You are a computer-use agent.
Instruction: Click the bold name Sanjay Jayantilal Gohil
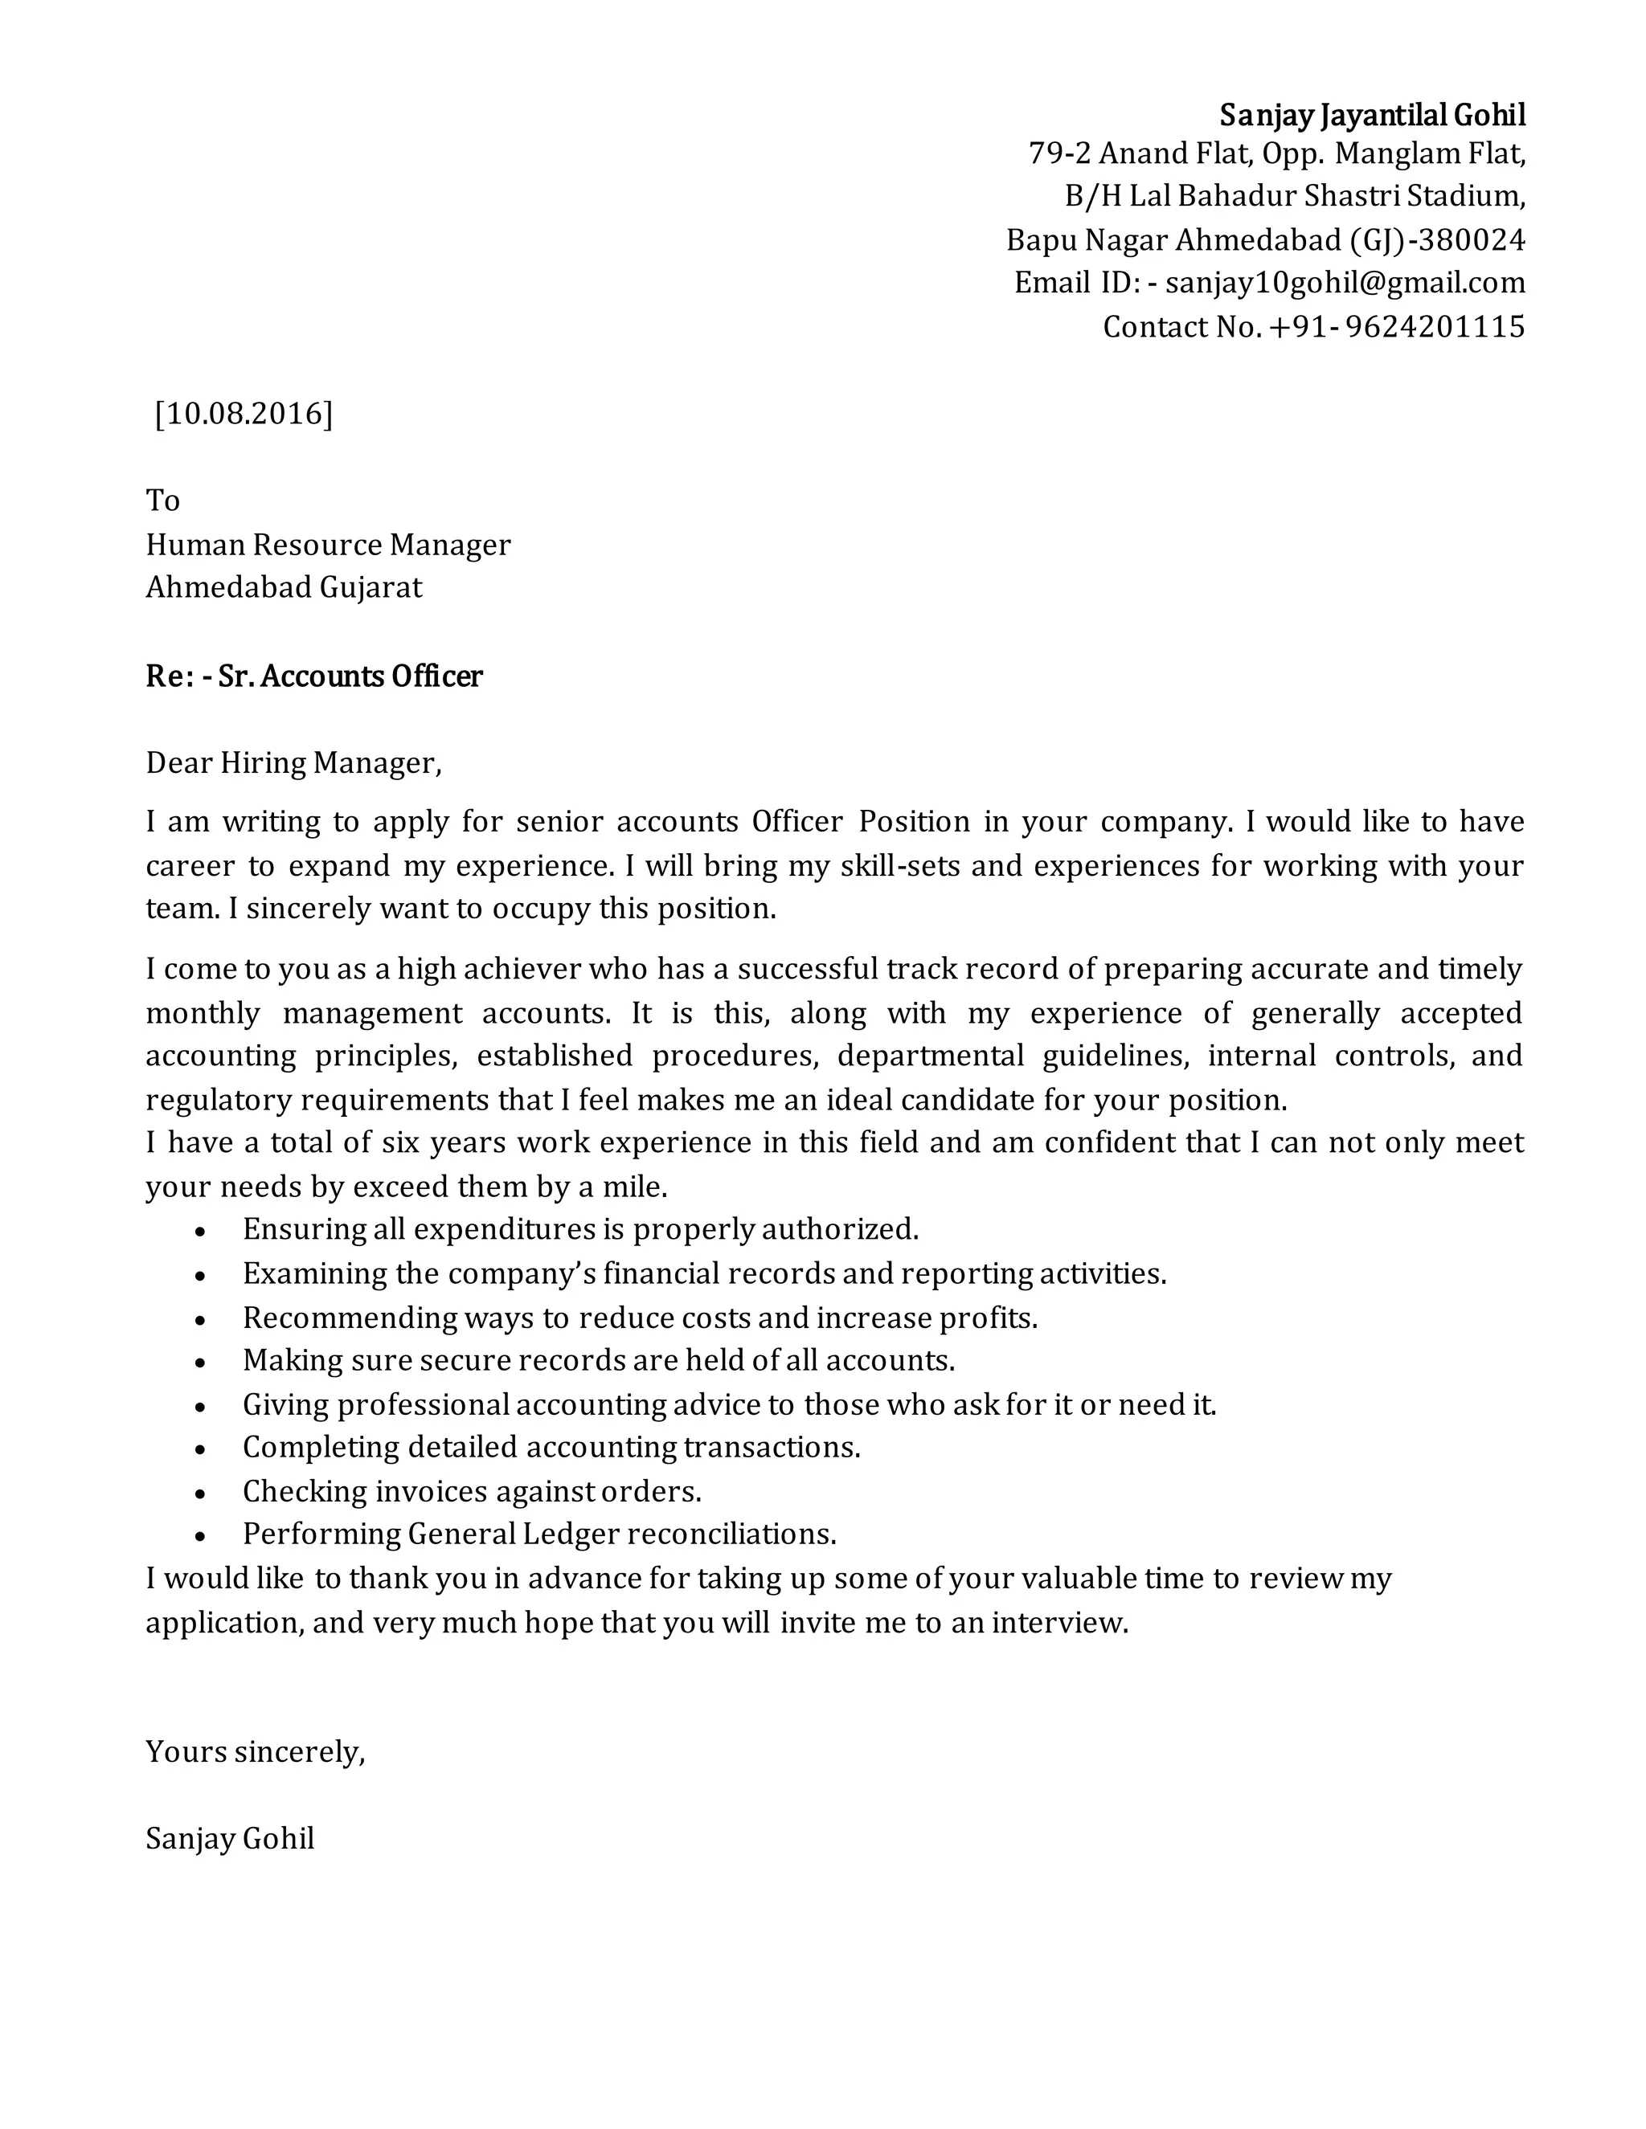1372,115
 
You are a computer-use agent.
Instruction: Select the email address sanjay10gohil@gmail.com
1345,283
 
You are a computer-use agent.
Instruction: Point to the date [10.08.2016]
244,413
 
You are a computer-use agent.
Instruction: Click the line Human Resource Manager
328,544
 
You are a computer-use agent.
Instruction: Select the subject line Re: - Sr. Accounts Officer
314,676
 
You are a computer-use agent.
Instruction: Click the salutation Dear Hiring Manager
293,762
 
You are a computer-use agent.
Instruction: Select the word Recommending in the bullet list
349,1318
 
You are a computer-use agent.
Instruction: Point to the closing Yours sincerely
256,1751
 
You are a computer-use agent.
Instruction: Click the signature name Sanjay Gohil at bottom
230,1838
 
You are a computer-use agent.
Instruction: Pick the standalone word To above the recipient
163,500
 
